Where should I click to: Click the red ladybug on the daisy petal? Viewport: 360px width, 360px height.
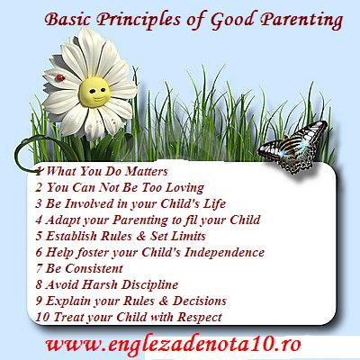60,77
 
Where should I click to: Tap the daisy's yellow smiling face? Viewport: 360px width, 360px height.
94,92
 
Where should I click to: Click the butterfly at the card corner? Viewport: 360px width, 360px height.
293,147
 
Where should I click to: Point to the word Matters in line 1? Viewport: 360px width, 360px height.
146,171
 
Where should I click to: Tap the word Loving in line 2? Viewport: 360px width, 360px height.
185,188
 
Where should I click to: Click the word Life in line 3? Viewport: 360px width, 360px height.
214,203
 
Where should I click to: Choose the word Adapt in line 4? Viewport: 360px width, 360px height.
63,220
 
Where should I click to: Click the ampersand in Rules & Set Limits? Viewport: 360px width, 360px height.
140,236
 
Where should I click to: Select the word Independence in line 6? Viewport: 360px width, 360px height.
224,253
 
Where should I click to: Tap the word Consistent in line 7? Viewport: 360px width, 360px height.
94,268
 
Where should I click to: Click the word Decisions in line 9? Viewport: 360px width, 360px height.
200,301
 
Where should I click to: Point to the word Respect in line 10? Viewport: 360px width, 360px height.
200,318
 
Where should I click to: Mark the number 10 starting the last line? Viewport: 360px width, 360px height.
42,317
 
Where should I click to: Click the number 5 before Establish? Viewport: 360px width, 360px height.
39,236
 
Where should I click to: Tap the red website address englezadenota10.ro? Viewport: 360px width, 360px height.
173,345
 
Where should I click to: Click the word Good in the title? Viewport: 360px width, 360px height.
232,20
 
